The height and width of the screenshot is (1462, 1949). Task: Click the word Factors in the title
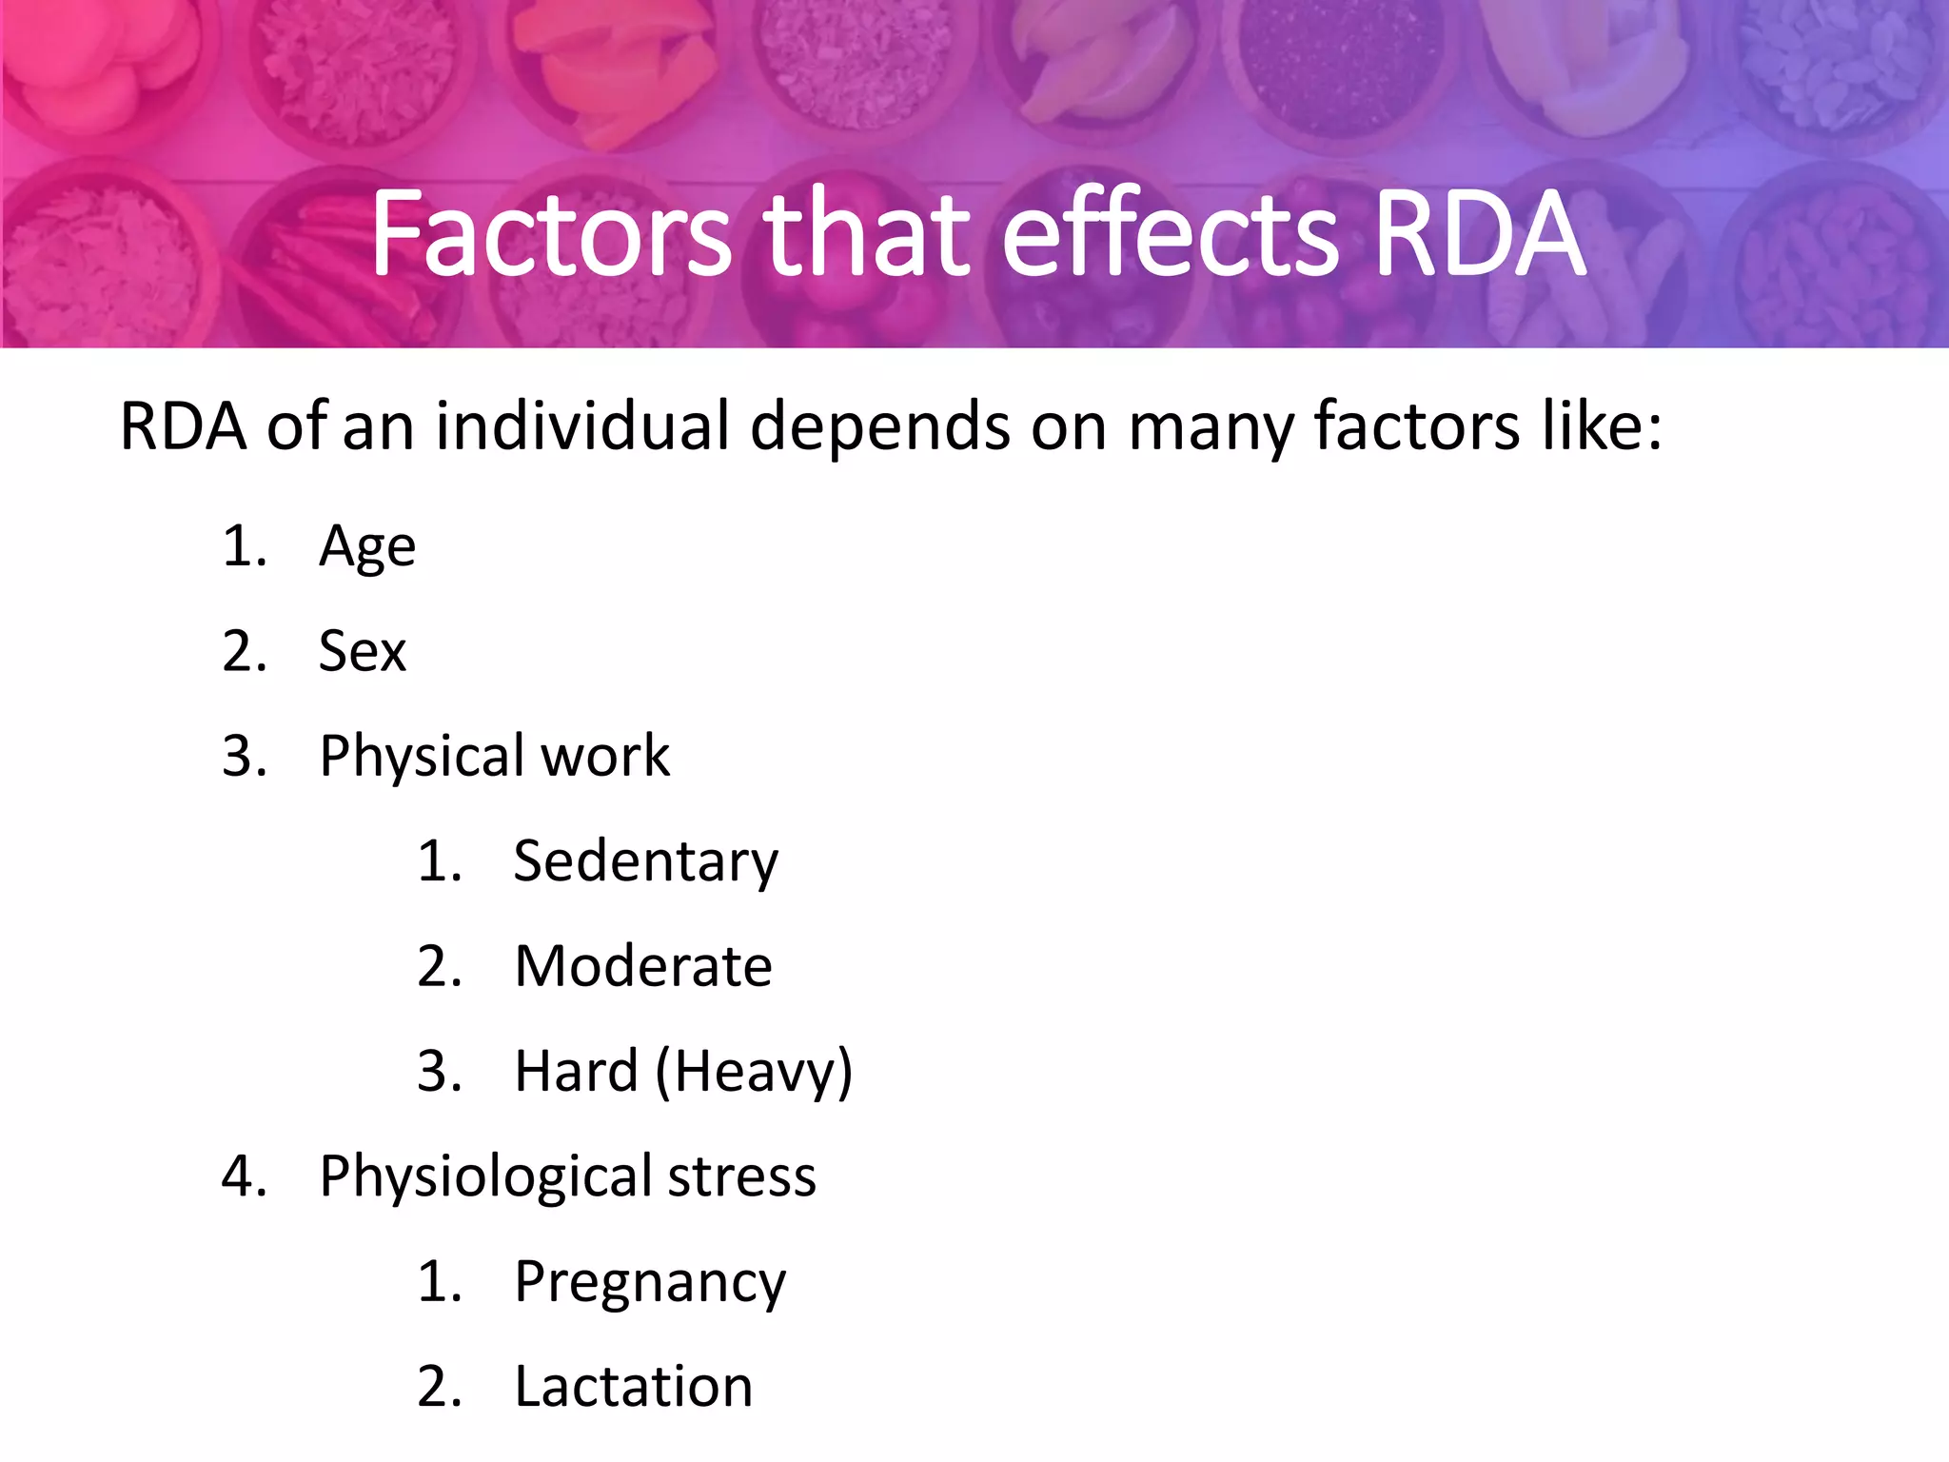[551, 234]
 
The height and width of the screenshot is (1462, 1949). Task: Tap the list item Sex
[362, 652]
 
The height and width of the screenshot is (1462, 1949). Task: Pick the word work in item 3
[605, 757]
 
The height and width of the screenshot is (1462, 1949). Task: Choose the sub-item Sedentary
[645, 862]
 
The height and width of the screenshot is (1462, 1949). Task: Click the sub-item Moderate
[643, 967]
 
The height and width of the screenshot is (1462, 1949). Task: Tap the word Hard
[576, 1072]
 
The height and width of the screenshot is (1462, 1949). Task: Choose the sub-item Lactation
[634, 1387]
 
